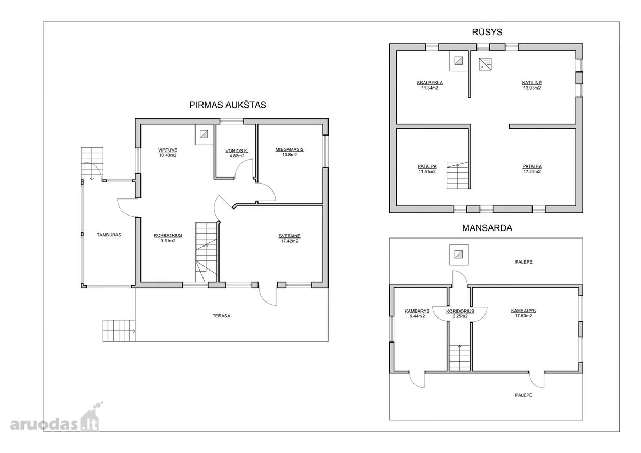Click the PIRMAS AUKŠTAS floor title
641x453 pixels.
228,105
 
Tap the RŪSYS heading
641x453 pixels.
487,32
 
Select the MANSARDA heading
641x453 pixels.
487,228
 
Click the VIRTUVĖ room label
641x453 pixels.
168,150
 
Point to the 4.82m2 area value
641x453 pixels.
237,156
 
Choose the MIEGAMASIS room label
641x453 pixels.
290,149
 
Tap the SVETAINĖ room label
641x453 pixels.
290,236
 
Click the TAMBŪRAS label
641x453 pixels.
109,235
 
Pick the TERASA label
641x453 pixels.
222,316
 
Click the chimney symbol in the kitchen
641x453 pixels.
204,134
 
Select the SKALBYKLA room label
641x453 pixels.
429,83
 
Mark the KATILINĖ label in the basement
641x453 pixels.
532,83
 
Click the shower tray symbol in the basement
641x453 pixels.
486,64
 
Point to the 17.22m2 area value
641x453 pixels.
532,172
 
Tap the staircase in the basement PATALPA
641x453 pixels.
458,176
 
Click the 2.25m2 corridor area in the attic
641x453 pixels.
460,316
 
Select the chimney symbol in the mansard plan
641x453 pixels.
459,255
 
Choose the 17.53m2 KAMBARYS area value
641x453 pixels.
523,316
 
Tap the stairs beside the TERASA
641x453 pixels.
119,331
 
